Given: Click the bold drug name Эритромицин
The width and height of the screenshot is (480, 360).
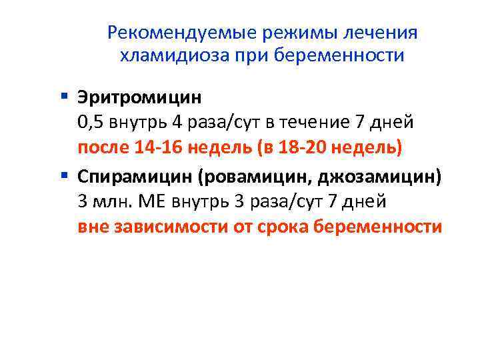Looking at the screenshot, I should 139,99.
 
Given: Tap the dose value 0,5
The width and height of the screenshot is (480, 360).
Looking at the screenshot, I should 90,123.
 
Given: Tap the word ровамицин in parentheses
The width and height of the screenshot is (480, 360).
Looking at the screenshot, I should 257,177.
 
